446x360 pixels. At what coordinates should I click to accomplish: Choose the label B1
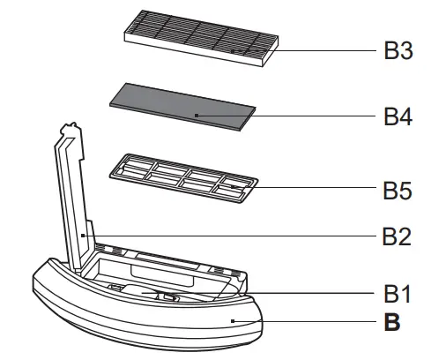click(x=398, y=292)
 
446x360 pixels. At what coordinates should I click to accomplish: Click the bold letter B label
click(x=392, y=322)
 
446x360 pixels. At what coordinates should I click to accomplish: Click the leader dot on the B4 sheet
click(x=196, y=116)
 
